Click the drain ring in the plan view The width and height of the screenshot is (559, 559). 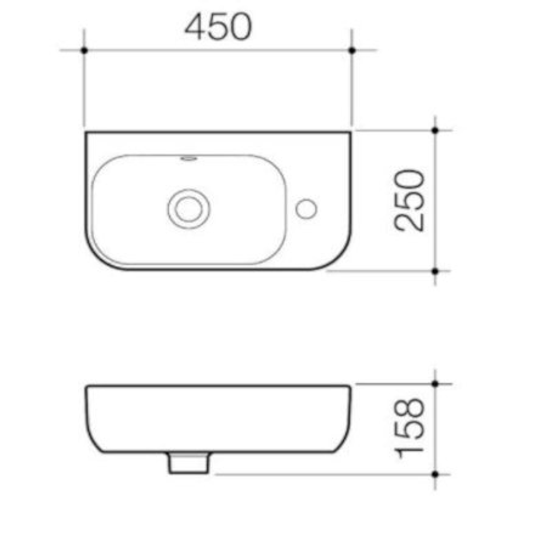pyautogui.click(x=188, y=208)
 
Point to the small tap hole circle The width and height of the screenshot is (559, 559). pyautogui.click(x=306, y=208)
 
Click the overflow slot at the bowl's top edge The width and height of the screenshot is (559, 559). pyautogui.click(x=188, y=158)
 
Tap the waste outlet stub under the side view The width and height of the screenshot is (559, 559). pyautogui.click(x=189, y=463)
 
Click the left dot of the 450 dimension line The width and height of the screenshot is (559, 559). pyautogui.click(x=84, y=50)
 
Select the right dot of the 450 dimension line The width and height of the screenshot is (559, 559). pyautogui.click(x=352, y=50)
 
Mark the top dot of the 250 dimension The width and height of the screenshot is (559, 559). pyautogui.click(x=435, y=130)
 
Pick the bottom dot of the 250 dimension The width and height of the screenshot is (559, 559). pyautogui.click(x=435, y=271)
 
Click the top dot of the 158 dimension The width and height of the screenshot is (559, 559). pyautogui.click(x=435, y=384)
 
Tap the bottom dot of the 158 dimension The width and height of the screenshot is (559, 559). pyautogui.click(x=435, y=474)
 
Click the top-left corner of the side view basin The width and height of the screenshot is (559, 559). pyautogui.click(x=87, y=386)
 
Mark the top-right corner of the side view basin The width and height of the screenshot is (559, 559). pyautogui.click(x=350, y=386)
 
